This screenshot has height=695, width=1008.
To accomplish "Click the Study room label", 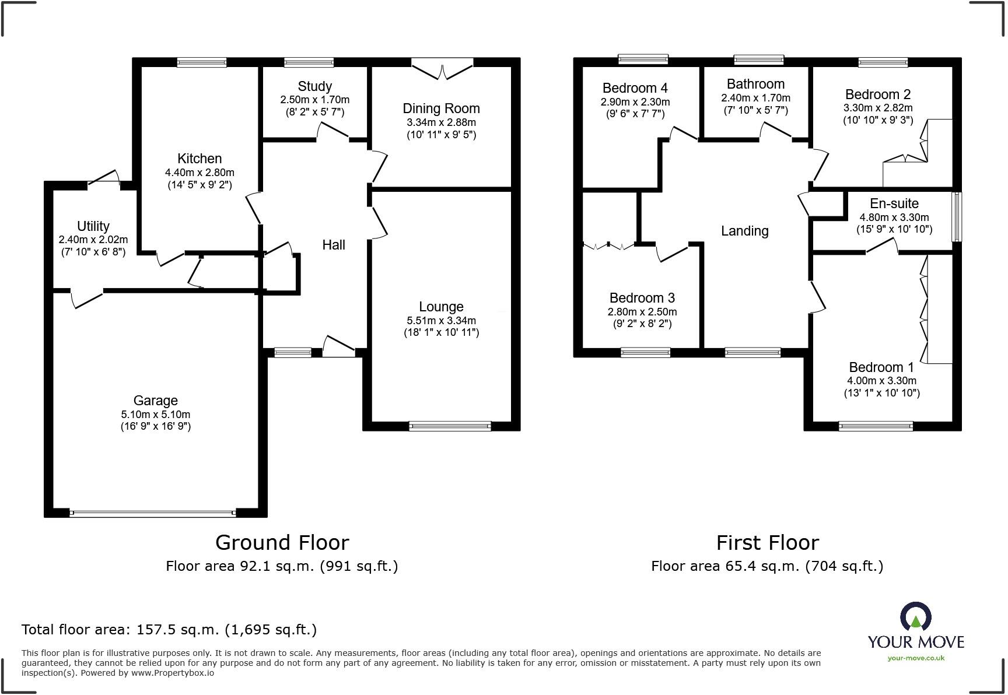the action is pos(314,86).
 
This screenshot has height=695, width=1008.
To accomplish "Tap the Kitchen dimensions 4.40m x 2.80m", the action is pos(199,173).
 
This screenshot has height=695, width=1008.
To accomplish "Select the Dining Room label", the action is pos(441,108).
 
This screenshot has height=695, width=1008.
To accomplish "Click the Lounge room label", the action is pos(441,307).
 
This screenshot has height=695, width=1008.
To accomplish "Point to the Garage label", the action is pos(155,401).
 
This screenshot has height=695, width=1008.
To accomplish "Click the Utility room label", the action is pos(93,226).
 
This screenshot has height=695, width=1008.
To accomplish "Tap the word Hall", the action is pos(334,245).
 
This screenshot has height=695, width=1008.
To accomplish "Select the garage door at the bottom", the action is pos(152,514).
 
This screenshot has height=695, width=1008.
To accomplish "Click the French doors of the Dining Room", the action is pos(442,69).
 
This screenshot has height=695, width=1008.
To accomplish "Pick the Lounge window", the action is pos(450,426).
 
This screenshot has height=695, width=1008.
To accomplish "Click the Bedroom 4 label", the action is pos(635,88).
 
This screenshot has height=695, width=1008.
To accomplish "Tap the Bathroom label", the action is pos(755,84).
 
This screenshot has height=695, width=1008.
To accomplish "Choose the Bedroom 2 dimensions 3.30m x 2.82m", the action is pos(878,108).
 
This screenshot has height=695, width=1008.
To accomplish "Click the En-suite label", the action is pos(894,203).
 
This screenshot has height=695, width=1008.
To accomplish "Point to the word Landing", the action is pos(744,231).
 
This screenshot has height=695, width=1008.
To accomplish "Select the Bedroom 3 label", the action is pos(642,298).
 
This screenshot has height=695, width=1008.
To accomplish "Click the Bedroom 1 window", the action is pos(876,426).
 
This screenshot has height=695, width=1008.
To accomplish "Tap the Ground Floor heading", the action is pos(282,543).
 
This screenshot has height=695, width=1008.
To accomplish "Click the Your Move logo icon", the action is pos(915,617).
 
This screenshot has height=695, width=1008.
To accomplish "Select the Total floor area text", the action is pos(169,630).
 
